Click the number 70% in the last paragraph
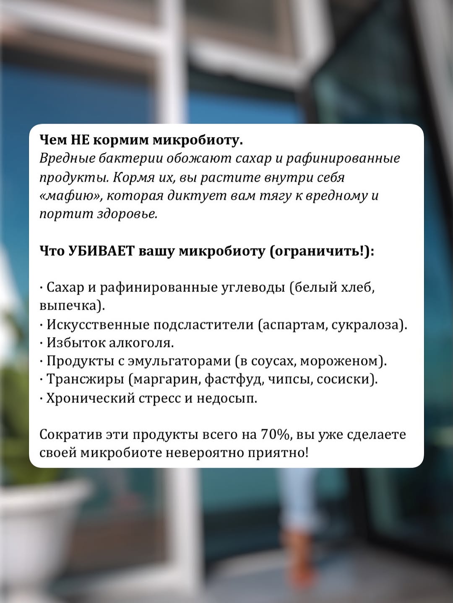275,434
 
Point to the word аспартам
295,325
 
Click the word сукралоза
367,325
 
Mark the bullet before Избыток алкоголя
42,343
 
